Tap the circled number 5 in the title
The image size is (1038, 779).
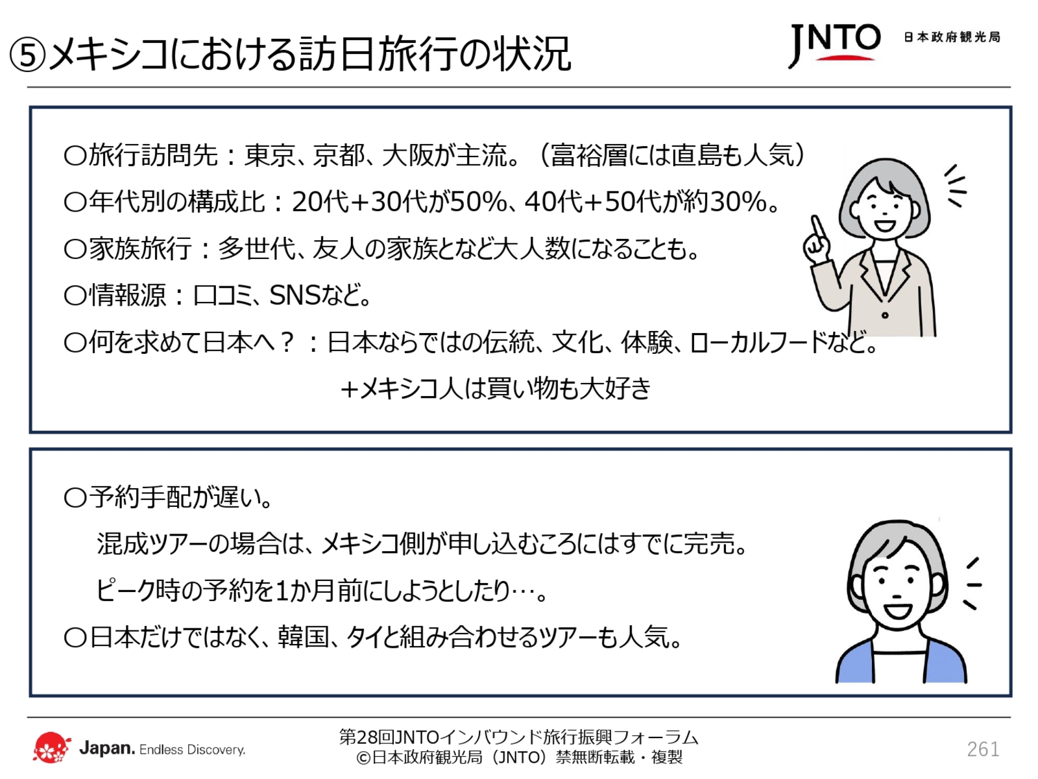tap(27, 55)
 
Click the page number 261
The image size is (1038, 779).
tap(982, 749)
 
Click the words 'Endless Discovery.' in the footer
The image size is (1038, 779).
tap(192, 750)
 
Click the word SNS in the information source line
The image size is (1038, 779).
tap(295, 295)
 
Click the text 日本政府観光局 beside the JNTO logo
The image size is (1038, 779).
tap(952, 38)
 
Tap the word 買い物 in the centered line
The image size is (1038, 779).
tap(522, 388)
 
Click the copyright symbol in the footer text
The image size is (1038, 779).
tap(363, 758)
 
